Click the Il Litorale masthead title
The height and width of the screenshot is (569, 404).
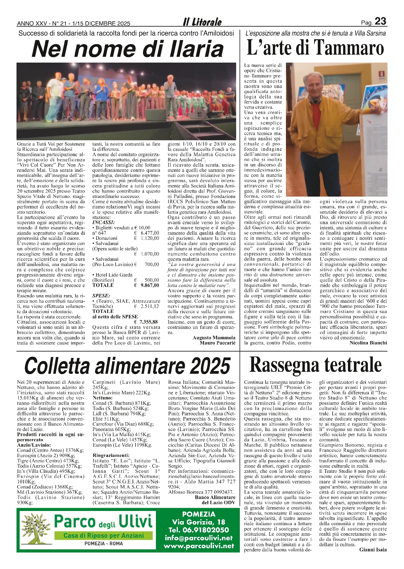(202, 22)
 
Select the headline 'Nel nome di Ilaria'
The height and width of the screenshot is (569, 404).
(127, 49)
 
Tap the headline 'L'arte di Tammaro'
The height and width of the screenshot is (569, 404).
(315, 48)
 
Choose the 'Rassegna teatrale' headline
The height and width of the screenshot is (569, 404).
(315, 365)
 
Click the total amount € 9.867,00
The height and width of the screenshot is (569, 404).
(150, 285)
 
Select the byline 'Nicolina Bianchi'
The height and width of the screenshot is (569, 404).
(368, 343)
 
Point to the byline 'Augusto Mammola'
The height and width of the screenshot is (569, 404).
(214, 338)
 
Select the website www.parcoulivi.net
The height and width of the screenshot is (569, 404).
(199, 546)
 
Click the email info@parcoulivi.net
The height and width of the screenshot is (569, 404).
(199, 538)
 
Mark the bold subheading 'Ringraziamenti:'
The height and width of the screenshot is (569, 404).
(111, 455)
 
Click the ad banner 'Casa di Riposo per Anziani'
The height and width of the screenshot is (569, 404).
(104, 535)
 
